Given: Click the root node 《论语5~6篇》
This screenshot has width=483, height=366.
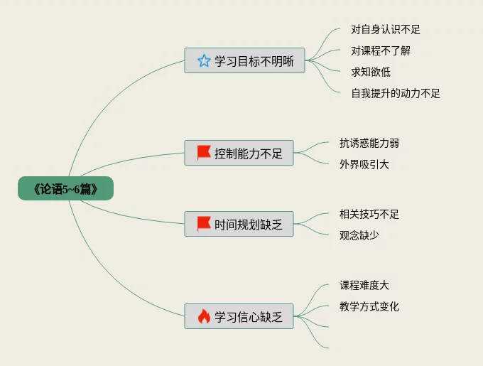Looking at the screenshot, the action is point(65,188).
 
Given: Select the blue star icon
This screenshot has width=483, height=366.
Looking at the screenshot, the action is point(204,60).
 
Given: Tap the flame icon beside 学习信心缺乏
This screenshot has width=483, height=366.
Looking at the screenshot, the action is point(204,316).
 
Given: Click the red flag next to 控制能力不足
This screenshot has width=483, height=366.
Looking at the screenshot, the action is point(204,153).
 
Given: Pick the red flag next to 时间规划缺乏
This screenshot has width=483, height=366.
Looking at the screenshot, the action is point(204,224).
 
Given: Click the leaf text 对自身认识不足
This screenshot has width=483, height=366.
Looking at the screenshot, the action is point(386,30).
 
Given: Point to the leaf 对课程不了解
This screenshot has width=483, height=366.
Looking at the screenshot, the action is point(381,51).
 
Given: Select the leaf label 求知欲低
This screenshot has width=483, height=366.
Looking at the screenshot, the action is point(371,72).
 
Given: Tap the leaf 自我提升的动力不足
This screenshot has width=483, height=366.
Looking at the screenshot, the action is point(396,93).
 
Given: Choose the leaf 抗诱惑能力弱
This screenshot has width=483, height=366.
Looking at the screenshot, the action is point(369,144).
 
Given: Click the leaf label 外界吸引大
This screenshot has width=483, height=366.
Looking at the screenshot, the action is point(364,164).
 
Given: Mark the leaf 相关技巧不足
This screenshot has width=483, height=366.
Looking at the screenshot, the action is point(369,214).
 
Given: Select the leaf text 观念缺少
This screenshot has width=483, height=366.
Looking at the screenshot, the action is point(359,235).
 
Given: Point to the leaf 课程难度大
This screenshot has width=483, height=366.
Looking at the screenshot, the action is point(364,285).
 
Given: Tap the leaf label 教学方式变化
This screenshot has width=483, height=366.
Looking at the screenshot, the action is point(369,306).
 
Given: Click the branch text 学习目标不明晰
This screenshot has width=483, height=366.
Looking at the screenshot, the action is point(254,61).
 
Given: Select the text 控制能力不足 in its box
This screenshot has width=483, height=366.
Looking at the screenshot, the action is point(249,153).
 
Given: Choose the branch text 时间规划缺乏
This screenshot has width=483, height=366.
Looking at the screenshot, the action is point(249,225).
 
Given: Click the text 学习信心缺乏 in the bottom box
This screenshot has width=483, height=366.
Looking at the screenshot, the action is point(249,317).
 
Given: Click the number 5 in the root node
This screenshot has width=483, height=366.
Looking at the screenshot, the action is point(65,189).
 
